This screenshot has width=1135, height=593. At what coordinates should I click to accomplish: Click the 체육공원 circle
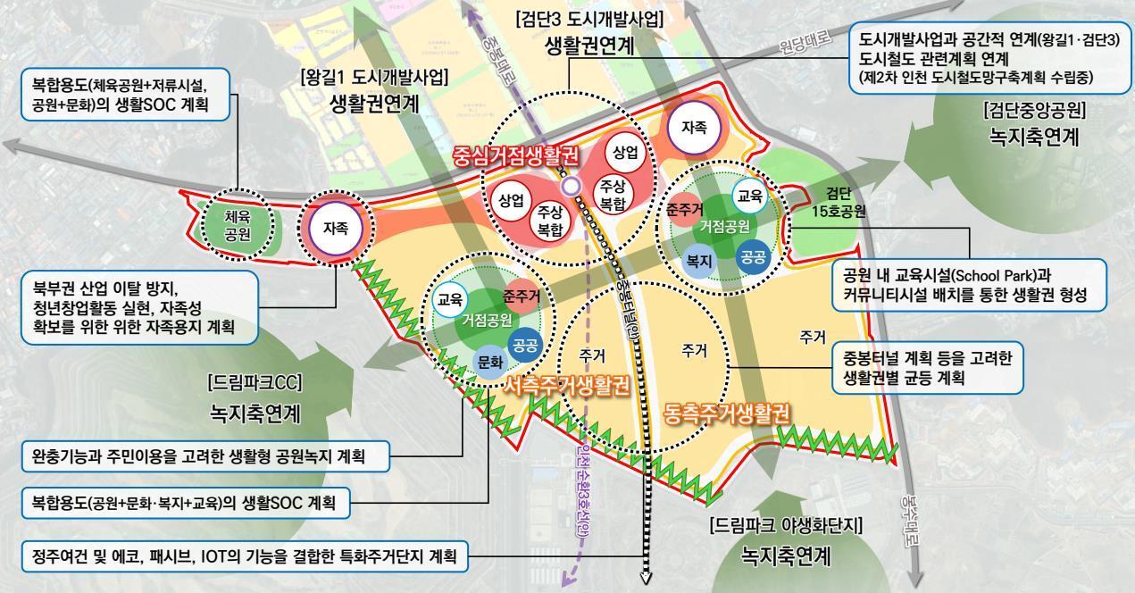(237, 225)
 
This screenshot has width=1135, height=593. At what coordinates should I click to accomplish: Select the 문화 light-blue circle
(490, 363)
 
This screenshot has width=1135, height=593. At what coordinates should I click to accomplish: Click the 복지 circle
(697, 262)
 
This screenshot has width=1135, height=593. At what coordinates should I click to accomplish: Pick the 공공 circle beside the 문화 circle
(524, 345)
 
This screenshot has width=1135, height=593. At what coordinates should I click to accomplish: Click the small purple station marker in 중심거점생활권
(572, 186)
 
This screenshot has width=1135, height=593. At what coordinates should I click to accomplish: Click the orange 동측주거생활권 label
(728, 413)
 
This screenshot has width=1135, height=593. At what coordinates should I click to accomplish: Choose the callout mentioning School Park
(970, 284)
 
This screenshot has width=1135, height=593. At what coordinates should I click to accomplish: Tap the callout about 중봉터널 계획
(927, 366)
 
